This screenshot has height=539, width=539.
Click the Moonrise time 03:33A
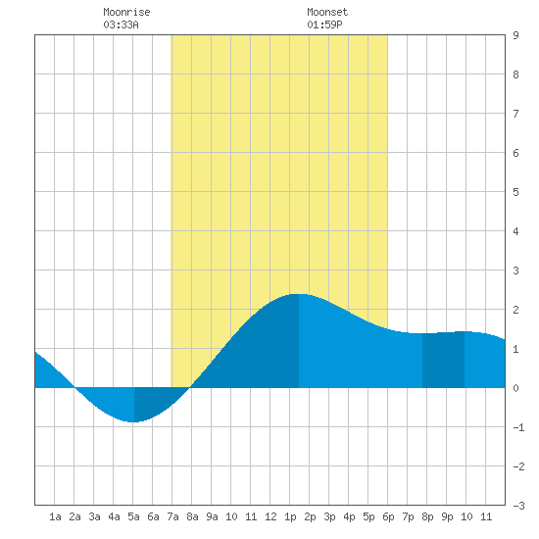pyautogui.click(x=121, y=24)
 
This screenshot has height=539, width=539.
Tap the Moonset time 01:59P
pyautogui.click(x=324, y=24)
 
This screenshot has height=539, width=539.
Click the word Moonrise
pyautogui.click(x=126, y=12)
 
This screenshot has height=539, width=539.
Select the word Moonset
pyautogui.click(x=327, y=12)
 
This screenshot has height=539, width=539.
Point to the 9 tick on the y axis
pyautogui.click(x=515, y=35)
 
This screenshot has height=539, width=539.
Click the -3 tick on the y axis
pyautogui.click(x=518, y=506)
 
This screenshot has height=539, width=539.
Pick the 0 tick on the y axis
pyautogui.click(x=515, y=388)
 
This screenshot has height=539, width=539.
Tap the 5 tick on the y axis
pyautogui.click(x=515, y=192)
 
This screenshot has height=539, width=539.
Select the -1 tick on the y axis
pyautogui.click(x=518, y=427)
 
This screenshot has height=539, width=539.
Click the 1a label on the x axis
pyautogui.click(x=55, y=516)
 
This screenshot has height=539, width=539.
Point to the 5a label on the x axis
pyautogui.click(x=133, y=516)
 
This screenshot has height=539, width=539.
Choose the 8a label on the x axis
pyautogui.click(x=192, y=516)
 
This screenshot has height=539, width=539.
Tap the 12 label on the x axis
pyautogui.click(x=270, y=516)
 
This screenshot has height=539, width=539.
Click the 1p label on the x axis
pyautogui.click(x=290, y=516)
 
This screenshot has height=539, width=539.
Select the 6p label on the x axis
pyautogui.click(x=388, y=516)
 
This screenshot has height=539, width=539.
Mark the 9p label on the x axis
pyautogui.click(x=447, y=516)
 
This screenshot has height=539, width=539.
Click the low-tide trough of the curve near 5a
pyautogui.click(x=133, y=421)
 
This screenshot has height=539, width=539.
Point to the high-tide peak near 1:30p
pyautogui.click(x=299, y=294)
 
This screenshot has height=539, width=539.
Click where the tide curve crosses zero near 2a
pyautogui.click(x=74, y=388)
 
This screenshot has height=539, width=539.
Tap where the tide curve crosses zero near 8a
pyautogui.click(x=190, y=388)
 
